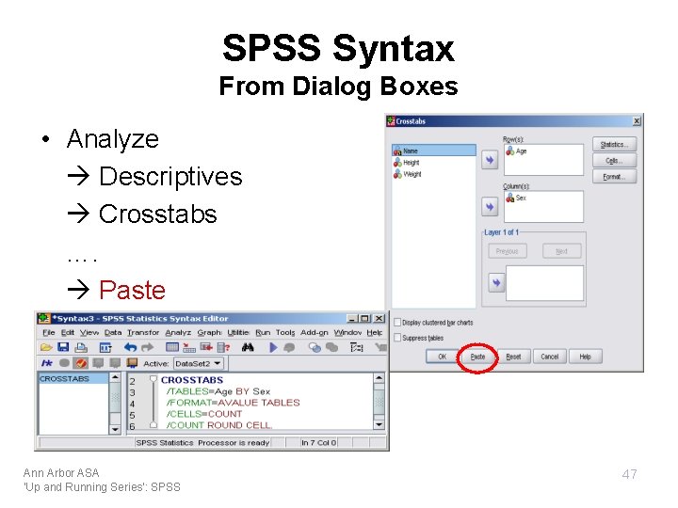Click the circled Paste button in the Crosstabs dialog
tap(477, 357)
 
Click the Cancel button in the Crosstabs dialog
tap(549, 357)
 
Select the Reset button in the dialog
tap(513, 357)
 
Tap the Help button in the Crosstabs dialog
tap(585, 357)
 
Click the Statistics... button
tap(614, 144)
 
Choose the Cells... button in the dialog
tap(614, 160)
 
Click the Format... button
tap(614, 176)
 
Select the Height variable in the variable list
tap(412, 163)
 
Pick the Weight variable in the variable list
tap(412, 174)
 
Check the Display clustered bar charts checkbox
tap(396, 323)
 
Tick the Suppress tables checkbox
tap(396, 337)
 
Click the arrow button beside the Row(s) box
tap(490, 161)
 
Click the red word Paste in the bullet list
tap(132, 290)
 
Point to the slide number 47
tap(629, 474)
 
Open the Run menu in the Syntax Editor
tap(263, 332)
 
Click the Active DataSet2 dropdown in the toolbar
tap(196, 363)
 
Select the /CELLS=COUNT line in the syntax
tap(204, 414)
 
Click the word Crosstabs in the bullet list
tap(157, 214)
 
